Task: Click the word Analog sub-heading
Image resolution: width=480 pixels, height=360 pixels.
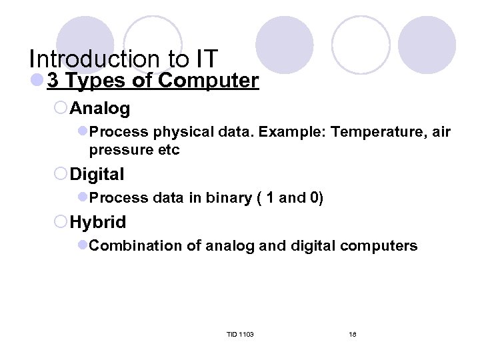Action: (x=99, y=108)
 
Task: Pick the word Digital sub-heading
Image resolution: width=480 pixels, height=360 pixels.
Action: (x=97, y=175)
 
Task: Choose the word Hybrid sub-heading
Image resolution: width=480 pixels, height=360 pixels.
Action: (x=97, y=222)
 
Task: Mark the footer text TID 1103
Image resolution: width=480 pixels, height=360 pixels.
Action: (x=240, y=334)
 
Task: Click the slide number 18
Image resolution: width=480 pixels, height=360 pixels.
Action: (x=353, y=334)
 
